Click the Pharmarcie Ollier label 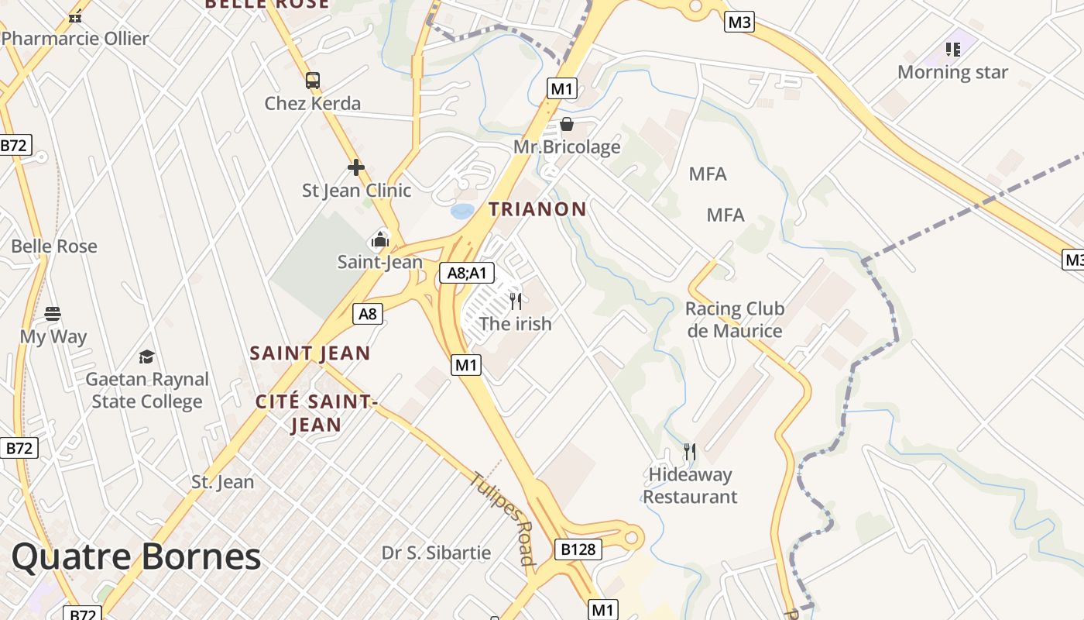coord(75,38)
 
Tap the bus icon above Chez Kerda coord(313,80)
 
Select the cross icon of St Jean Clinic coord(356,167)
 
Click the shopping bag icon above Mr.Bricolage coord(567,124)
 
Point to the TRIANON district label coord(537,208)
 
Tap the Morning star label coord(952,72)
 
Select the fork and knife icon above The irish coord(516,301)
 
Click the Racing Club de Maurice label coord(734,319)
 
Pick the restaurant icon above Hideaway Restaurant coord(690,451)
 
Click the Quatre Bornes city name coord(136,557)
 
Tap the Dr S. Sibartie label coord(436,553)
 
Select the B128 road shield coord(578,549)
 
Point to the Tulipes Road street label coord(502,518)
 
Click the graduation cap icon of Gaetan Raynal coord(146,356)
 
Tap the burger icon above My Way coord(53,314)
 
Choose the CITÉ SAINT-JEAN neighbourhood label coord(315,412)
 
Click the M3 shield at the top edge coord(739,22)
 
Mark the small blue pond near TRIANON coord(462,211)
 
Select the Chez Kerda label coord(313,103)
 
